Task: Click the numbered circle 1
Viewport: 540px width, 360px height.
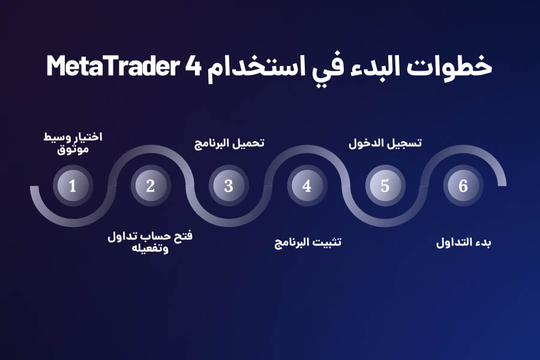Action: [x=73, y=186]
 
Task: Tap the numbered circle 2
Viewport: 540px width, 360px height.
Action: [x=151, y=186]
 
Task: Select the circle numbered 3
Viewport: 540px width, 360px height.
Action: [x=229, y=186]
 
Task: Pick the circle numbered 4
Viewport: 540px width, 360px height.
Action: [x=307, y=186]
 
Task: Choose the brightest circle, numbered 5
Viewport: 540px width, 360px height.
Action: [x=385, y=186]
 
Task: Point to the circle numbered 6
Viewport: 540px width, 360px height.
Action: [x=463, y=186]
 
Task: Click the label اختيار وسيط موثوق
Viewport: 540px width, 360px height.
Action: [x=73, y=143]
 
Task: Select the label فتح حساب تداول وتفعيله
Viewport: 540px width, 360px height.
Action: [x=150, y=241]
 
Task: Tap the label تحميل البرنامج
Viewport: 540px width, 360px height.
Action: [x=229, y=144]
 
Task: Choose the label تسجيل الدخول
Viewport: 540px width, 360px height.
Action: [x=385, y=143]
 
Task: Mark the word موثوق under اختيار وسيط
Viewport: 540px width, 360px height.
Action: [x=73, y=149]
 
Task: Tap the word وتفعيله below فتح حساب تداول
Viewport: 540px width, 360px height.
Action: [x=150, y=248]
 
